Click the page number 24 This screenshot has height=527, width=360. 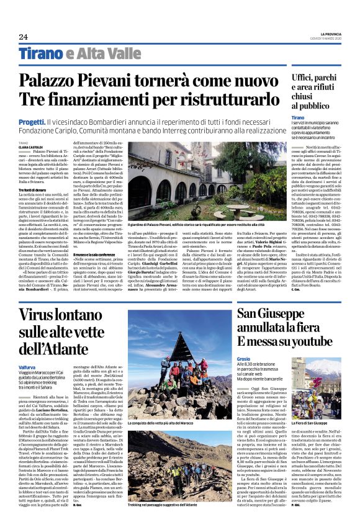(24, 37)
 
